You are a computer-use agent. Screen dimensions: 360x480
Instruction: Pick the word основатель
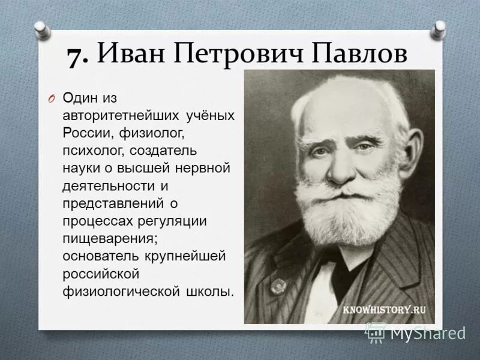(x=100, y=256)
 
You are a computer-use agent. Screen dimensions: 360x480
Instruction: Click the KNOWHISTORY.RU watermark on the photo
(x=385, y=310)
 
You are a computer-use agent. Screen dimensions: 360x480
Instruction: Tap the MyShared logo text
(x=427, y=333)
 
